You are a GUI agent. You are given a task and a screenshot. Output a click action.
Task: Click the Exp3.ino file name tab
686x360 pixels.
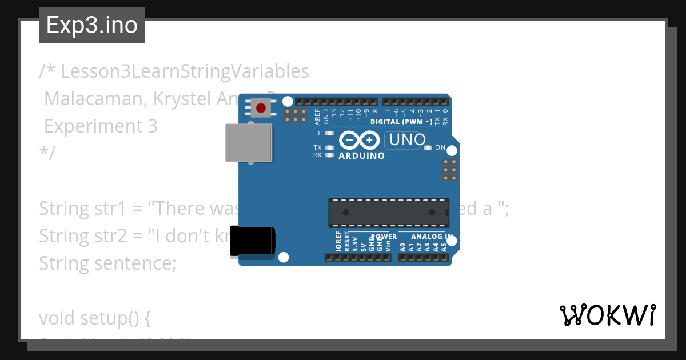point(91,25)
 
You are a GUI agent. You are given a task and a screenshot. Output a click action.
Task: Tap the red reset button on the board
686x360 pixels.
point(261,107)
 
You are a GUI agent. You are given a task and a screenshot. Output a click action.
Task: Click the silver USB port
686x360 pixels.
point(249,142)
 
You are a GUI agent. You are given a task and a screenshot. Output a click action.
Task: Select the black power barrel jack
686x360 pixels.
point(252,241)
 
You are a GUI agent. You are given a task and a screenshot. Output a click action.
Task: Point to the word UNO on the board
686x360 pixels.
point(405,139)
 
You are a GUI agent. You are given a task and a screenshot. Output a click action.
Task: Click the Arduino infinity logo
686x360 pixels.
point(359,140)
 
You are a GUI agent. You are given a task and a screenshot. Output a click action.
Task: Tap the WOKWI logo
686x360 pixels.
point(607,315)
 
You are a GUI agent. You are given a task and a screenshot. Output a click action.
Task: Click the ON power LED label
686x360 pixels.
point(440,147)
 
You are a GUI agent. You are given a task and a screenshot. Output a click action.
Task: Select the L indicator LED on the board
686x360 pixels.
point(329,133)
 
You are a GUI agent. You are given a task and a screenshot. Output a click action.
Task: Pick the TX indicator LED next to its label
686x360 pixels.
point(329,147)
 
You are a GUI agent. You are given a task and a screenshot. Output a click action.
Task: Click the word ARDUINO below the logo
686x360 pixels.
point(361,155)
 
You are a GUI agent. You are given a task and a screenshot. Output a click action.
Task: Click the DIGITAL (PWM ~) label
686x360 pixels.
point(401,122)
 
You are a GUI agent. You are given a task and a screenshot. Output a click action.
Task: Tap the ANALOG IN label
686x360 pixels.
point(432,237)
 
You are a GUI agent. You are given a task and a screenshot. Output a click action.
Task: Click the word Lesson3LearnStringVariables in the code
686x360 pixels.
point(185,71)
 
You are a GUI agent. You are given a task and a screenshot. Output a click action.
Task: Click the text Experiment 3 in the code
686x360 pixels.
point(101,126)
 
